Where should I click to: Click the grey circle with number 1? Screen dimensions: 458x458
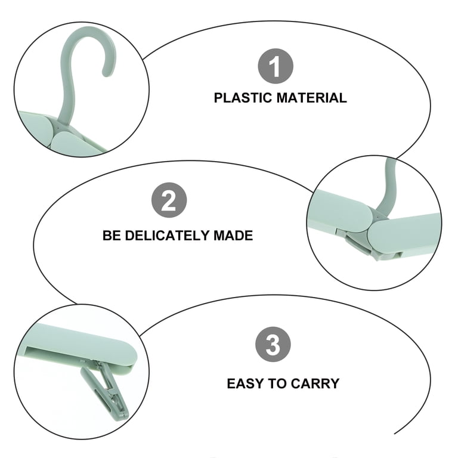point(275,66)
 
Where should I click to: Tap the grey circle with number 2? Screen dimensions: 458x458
point(169,200)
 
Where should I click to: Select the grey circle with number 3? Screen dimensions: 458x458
point(273,344)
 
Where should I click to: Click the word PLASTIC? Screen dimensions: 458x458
point(243,98)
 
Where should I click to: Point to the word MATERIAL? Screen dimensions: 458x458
point(312,98)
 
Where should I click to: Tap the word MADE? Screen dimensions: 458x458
point(233,236)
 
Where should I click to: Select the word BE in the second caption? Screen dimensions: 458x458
point(112,236)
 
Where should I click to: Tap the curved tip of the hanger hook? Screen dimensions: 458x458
point(107,73)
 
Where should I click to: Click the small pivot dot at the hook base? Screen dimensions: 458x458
point(58,128)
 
